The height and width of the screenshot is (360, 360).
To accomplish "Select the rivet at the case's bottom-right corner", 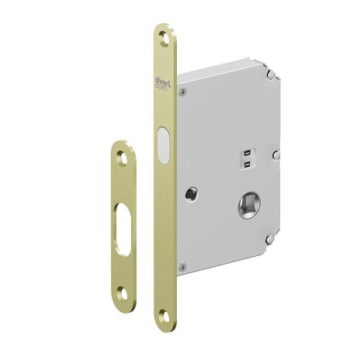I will pos(268,240).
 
